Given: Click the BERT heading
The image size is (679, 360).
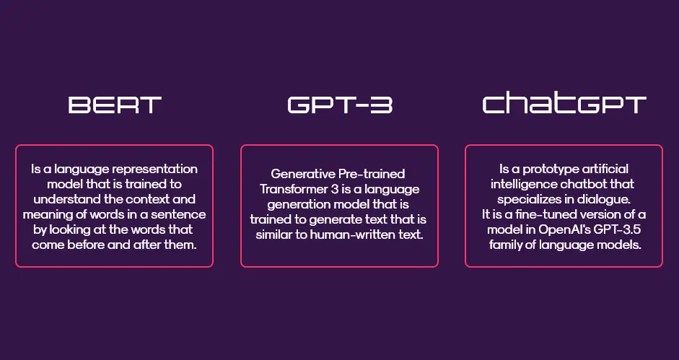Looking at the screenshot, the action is [x=115, y=105].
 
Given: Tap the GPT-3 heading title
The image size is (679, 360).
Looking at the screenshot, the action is [x=340, y=105].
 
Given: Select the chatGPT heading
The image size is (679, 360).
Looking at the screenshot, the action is [x=564, y=104].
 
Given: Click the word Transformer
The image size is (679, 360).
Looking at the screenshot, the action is [x=287, y=189].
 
